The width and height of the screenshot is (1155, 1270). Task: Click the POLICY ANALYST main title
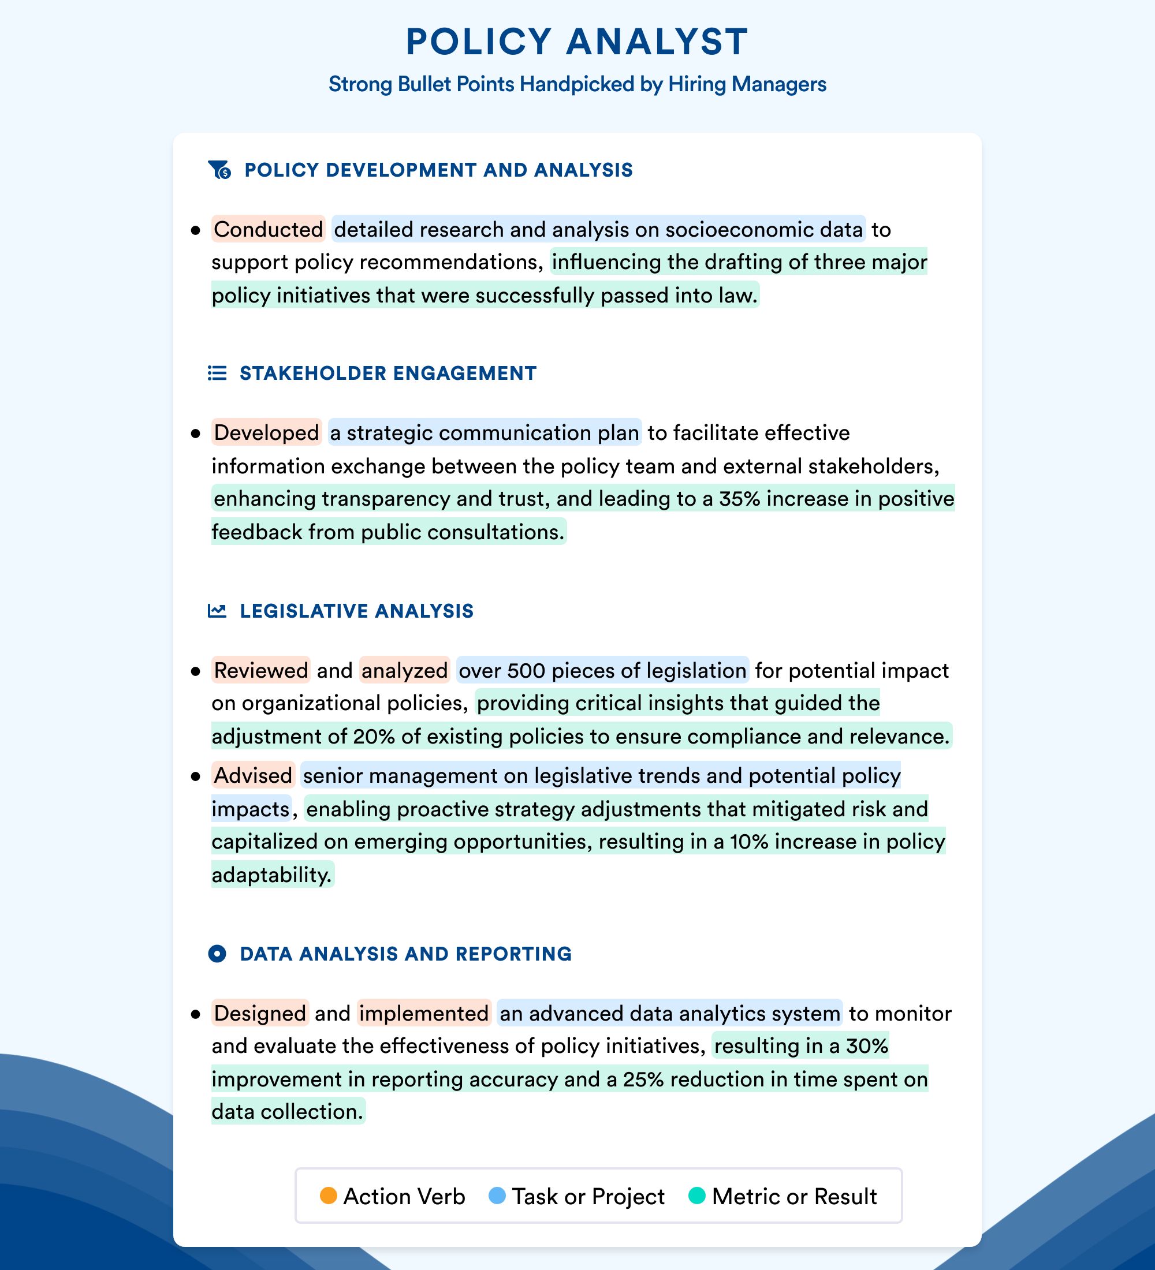coord(576,42)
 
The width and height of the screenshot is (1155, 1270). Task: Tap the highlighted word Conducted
coord(268,229)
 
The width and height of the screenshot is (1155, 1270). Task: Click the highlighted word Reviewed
coord(261,670)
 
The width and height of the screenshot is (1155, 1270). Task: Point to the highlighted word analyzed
coord(404,670)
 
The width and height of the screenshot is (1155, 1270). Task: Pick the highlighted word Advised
coord(253,775)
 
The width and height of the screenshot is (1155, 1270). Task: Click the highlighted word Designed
coord(260,1013)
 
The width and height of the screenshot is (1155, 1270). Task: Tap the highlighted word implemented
coord(424,1013)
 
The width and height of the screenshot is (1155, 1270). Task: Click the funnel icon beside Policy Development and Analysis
coord(219,170)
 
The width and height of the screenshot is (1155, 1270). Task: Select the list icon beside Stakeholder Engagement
coord(217,373)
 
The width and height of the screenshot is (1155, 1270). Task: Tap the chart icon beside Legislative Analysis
coord(217,610)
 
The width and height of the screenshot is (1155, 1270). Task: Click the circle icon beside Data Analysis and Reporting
coord(217,954)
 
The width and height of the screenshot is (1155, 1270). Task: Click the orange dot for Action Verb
coord(328,1196)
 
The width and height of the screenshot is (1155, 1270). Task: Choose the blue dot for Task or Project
coord(497,1196)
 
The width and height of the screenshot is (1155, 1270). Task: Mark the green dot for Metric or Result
coord(697,1196)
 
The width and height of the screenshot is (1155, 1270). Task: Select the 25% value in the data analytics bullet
coord(643,1079)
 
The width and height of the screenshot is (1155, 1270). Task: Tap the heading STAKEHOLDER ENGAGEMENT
coord(388,373)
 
